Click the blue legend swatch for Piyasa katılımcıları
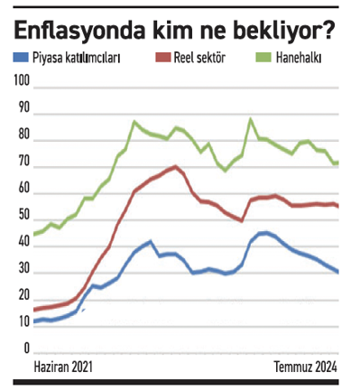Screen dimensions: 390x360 coord(22,58)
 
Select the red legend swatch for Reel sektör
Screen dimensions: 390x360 coord(164,58)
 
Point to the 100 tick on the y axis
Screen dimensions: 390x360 coord(23,81)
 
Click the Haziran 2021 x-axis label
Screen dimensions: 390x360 coord(62,367)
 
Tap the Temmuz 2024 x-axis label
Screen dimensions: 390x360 coord(306,367)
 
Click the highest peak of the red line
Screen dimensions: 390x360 coord(175,166)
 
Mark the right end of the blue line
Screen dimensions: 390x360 coord(338,272)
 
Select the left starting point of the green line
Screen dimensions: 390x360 coord(34,235)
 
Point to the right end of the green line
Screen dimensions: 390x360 coord(338,163)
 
